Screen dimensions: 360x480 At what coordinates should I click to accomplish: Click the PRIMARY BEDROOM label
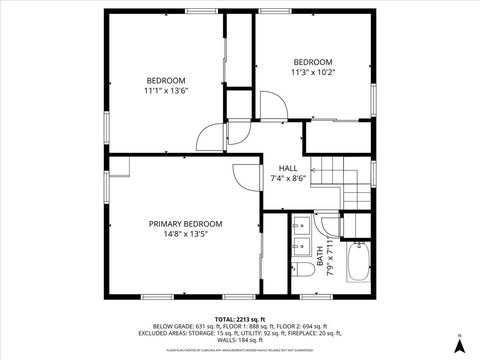186,224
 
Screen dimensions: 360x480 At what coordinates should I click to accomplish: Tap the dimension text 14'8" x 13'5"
186,236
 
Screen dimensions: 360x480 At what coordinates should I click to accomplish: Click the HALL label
288,168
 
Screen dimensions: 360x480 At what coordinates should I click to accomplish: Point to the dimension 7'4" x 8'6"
288,179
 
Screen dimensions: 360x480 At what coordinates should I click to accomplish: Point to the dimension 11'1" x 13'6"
166,91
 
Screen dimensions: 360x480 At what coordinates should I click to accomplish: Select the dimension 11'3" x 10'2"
313,72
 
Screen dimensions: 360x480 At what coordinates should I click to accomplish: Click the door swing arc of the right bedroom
271,103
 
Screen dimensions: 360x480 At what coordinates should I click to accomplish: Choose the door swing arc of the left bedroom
208,137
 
